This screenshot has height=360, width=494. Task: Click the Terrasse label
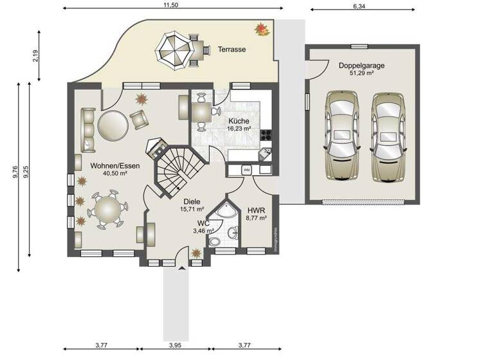pyautogui.click(x=232, y=50)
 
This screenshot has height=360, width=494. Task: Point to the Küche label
pyautogui.click(x=239, y=120)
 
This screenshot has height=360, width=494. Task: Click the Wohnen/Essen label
pyautogui.click(x=108, y=165)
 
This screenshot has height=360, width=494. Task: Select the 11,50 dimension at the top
pyautogui.click(x=170, y=5)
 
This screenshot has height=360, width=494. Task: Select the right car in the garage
pyautogui.click(x=389, y=136)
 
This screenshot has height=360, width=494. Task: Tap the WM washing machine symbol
pyautogui.click(x=247, y=170)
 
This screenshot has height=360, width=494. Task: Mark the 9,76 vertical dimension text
pyautogui.click(x=15, y=178)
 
